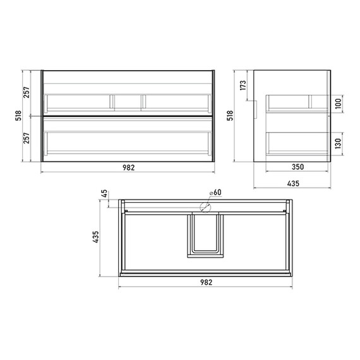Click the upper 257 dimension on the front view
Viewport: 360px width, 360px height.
tap(27, 92)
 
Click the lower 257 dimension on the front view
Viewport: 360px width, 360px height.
tap(27, 138)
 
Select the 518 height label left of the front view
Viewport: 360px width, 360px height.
tap(18, 116)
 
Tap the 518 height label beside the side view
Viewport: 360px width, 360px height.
tap(230, 116)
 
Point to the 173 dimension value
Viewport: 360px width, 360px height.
tap(243, 85)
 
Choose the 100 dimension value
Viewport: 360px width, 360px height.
tap(338, 104)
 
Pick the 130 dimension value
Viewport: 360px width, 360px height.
tap(338, 143)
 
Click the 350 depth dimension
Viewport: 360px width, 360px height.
tap(297, 167)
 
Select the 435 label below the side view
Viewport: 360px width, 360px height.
tap(293, 183)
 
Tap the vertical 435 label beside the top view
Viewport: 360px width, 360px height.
tap(95, 237)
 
